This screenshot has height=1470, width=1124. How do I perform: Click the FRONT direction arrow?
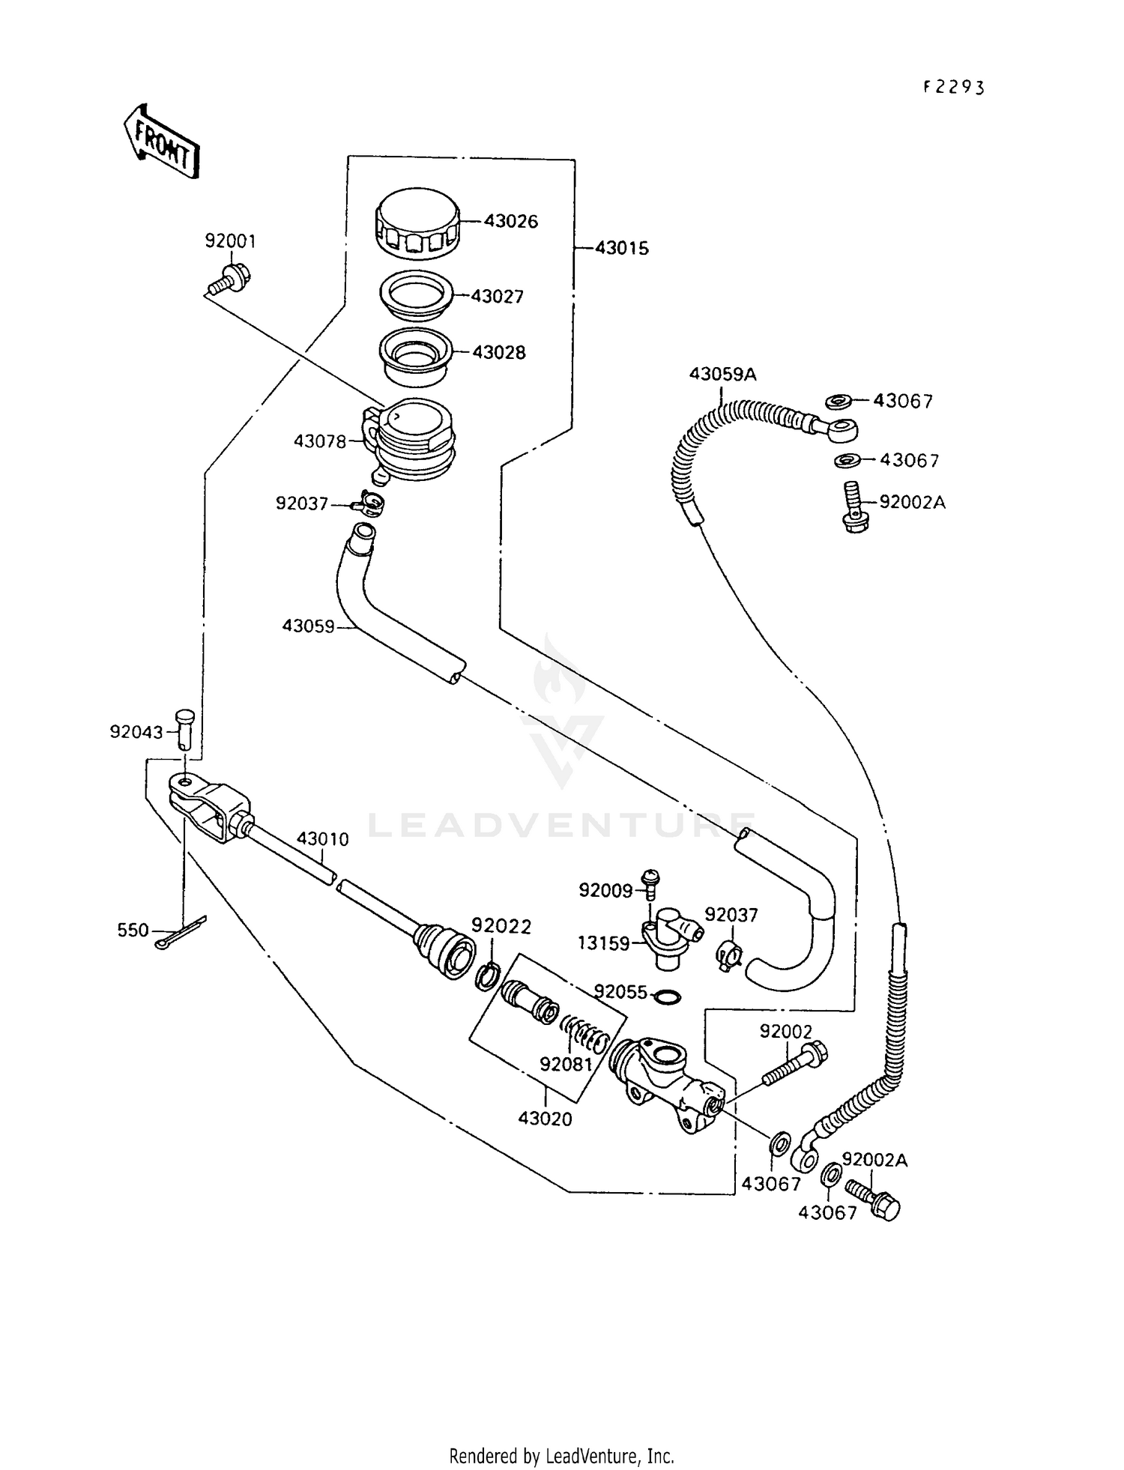(x=160, y=143)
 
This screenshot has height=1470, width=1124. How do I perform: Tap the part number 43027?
(x=497, y=297)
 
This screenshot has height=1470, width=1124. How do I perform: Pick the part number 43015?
(x=621, y=249)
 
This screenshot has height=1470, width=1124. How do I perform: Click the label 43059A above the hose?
(x=722, y=374)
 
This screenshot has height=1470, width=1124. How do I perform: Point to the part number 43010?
(x=322, y=839)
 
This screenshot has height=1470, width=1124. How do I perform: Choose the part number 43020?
(x=545, y=1119)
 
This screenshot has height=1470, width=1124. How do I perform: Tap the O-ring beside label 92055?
(x=667, y=996)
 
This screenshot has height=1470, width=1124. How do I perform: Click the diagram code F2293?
(x=953, y=87)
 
